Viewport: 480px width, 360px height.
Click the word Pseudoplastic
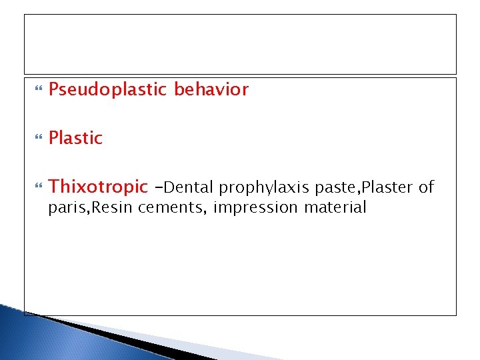(x=107, y=89)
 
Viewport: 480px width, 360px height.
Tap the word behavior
(x=211, y=89)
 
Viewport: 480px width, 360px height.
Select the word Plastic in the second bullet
(x=76, y=138)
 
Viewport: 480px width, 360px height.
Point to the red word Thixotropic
(x=98, y=187)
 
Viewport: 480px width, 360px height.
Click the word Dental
(x=193, y=187)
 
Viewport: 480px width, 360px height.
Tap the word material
(x=335, y=207)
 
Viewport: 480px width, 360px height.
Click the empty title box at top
(x=240, y=44)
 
